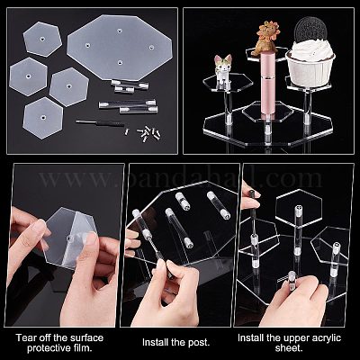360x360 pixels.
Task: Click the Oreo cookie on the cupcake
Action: [310, 29]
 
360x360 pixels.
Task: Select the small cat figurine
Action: [222, 71]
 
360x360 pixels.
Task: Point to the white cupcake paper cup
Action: [310, 69]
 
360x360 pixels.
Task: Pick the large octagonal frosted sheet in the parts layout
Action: [120, 47]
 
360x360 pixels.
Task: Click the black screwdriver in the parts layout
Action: [100, 122]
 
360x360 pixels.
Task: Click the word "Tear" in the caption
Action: [27, 337]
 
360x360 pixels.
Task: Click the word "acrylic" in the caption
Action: [325, 337]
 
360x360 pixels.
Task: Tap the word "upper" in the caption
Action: [293, 338]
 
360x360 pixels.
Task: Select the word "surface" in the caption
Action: [86, 337]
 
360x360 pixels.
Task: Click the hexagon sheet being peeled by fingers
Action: [69, 238]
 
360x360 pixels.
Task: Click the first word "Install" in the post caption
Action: [155, 342]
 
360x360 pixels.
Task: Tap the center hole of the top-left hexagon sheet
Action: [41, 40]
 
